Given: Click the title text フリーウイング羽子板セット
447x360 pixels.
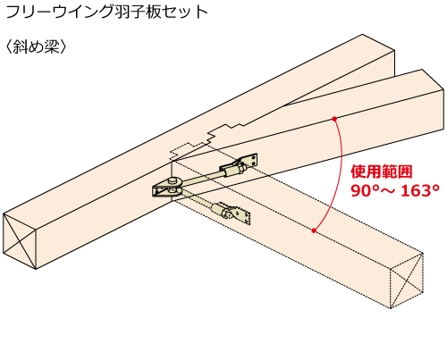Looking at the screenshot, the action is [x=106, y=12].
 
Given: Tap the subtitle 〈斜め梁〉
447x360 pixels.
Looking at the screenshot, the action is [x=36, y=46].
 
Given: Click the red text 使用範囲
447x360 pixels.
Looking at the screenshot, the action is [x=382, y=172].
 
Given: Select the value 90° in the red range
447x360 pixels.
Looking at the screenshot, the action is [x=363, y=191].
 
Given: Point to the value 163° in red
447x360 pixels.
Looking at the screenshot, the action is [x=420, y=191].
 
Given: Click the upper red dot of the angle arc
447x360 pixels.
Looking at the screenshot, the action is [x=334, y=119].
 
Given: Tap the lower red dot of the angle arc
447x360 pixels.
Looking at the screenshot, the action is [x=314, y=230].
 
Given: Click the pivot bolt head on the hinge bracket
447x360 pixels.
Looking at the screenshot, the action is [x=173, y=180].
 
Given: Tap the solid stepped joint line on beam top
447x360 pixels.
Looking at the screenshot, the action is [x=228, y=132].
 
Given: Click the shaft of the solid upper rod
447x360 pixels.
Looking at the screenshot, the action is [x=201, y=179].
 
